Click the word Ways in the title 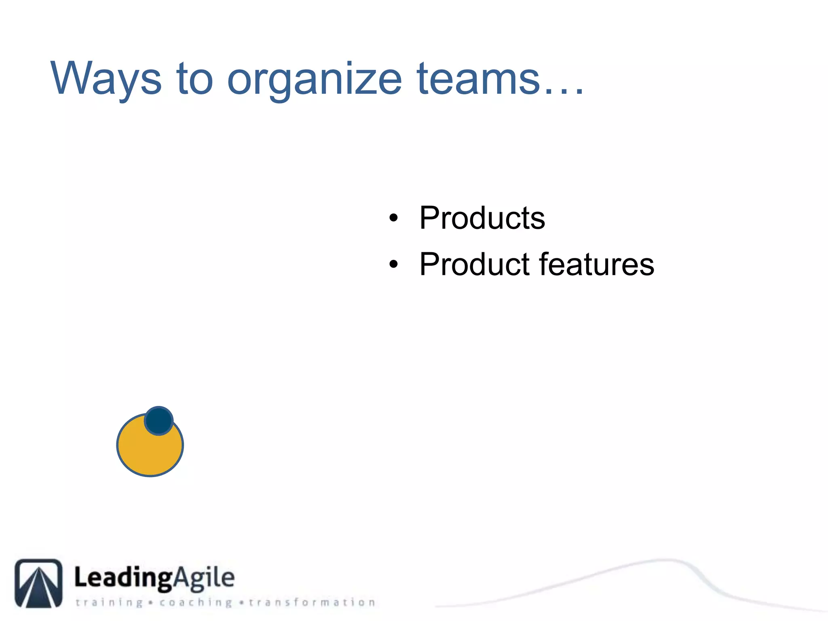click(x=106, y=79)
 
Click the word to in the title click(x=194, y=79)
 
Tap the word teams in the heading click(x=478, y=79)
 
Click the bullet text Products click(x=482, y=218)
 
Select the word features click(x=596, y=264)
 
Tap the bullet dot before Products click(x=393, y=219)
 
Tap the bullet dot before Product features click(x=393, y=265)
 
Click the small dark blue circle click(x=159, y=420)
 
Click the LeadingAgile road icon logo click(x=39, y=583)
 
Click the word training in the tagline click(x=110, y=603)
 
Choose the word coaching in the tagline click(x=196, y=603)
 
